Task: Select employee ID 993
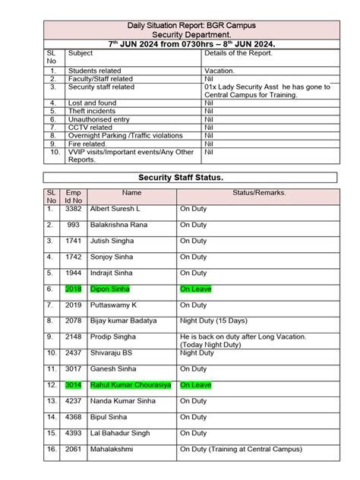click(74, 225)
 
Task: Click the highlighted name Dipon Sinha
click(110, 289)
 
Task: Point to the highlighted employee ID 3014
click(74, 385)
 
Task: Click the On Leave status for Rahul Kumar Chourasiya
click(196, 385)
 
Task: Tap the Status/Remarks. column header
click(259, 193)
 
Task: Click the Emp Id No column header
click(74, 197)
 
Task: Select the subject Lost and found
click(93, 103)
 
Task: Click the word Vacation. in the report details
click(220, 70)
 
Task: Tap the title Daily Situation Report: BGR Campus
click(180, 26)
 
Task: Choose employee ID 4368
click(74, 417)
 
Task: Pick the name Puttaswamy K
click(114, 305)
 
